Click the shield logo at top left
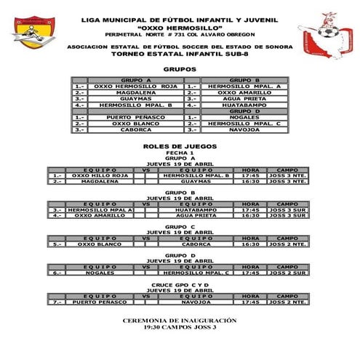[x=33, y=31]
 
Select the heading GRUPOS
[x=180, y=69]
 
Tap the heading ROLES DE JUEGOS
[x=180, y=146]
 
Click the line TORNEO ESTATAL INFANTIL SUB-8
[x=180, y=53]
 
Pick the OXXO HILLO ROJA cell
[x=100, y=175]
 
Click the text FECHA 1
[x=180, y=152]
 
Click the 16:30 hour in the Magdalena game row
[x=250, y=181]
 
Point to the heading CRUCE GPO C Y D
[x=180, y=284]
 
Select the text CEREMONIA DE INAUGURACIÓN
[x=180, y=321]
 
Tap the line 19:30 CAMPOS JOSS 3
[x=180, y=328]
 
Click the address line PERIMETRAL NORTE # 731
[x=180, y=34]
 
